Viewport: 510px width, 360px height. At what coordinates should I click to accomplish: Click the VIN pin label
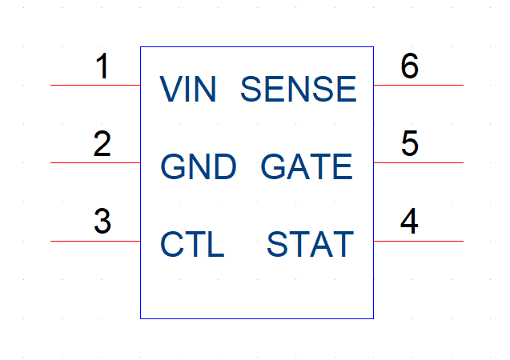[x=187, y=89]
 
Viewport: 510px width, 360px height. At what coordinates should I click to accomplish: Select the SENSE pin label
[x=299, y=89]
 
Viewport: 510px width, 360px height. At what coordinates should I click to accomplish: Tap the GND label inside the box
[x=199, y=166]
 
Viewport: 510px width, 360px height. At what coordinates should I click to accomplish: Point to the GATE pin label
[x=307, y=166]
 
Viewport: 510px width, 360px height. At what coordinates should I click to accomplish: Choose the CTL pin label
[x=192, y=244]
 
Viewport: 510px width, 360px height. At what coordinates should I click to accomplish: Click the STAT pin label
[x=311, y=244]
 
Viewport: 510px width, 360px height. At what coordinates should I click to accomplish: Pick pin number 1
[x=102, y=66]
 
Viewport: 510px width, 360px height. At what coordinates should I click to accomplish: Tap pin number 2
[x=102, y=144]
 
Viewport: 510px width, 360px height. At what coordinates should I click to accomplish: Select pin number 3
[x=102, y=222]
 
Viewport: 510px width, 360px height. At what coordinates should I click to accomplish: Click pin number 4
[x=409, y=221]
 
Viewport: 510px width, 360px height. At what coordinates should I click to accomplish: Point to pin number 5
[x=409, y=143]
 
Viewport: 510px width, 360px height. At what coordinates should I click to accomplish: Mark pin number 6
[x=409, y=66]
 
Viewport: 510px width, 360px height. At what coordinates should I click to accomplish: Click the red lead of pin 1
[x=95, y=85]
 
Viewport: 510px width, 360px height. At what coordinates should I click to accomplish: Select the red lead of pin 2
[x=95, y=162]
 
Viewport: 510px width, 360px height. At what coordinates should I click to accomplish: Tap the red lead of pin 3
[x=95, y=241]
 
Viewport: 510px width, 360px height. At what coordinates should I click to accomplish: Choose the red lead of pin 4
[x=419, y=241]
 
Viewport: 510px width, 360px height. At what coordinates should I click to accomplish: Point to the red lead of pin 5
[x=419, y=162]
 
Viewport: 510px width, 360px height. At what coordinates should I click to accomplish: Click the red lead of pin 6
[x=419, y=85]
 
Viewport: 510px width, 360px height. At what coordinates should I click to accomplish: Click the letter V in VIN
[x=171, y=89]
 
